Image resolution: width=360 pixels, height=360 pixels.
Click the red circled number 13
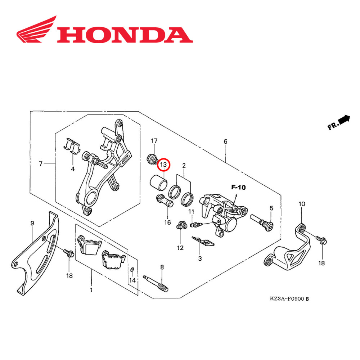pyautogui.click(x=163, y=165)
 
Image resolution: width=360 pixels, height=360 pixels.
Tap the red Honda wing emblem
pyautogui.click(x=37, y=30)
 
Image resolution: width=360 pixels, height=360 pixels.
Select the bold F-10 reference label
pyautogui.click(x=238, y=187)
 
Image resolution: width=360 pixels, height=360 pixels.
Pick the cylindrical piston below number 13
pyautogui.click(x=159, y=182)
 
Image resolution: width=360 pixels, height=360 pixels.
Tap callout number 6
pyautogui.click(x=225, y=141)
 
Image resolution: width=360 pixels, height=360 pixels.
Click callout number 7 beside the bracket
pyautogui.click(x=41, y=164)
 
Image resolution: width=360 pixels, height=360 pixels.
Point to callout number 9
pyautogui.click(x=32, y=223)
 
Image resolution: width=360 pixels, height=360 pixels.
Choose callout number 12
pyautogui.click(x=180, y=248)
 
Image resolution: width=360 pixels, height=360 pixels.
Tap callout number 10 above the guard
pyautogui.click(x=302, y=204)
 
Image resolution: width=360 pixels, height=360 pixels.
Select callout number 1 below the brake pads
pyautogui.click(x=91, y=289)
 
